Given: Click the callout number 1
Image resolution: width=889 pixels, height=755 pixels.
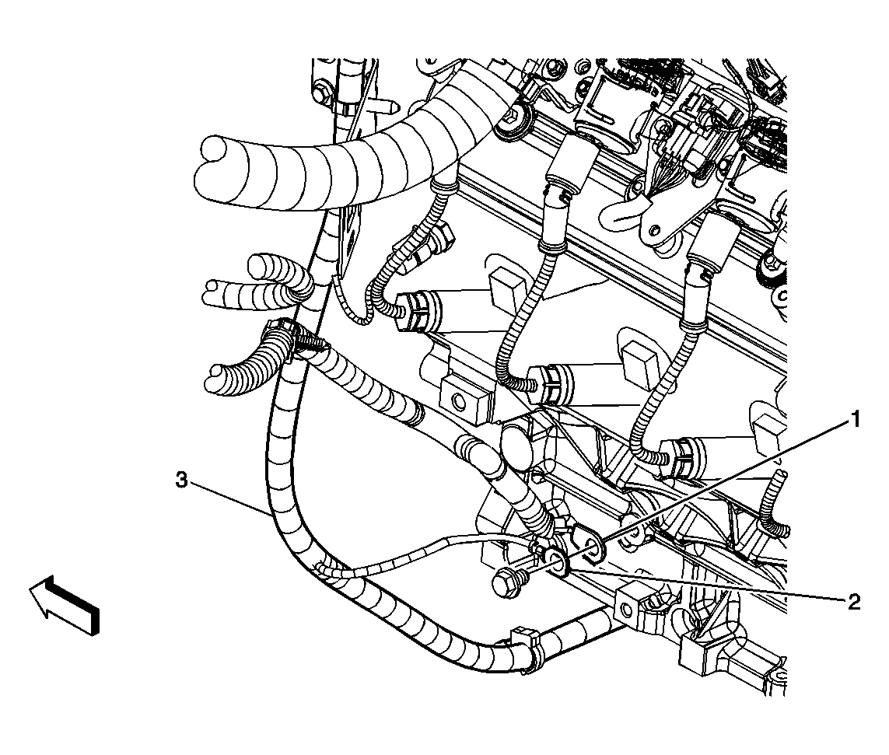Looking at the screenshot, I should point(855,421).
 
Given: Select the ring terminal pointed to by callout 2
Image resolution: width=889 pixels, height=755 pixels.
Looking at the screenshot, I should point(554,562).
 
